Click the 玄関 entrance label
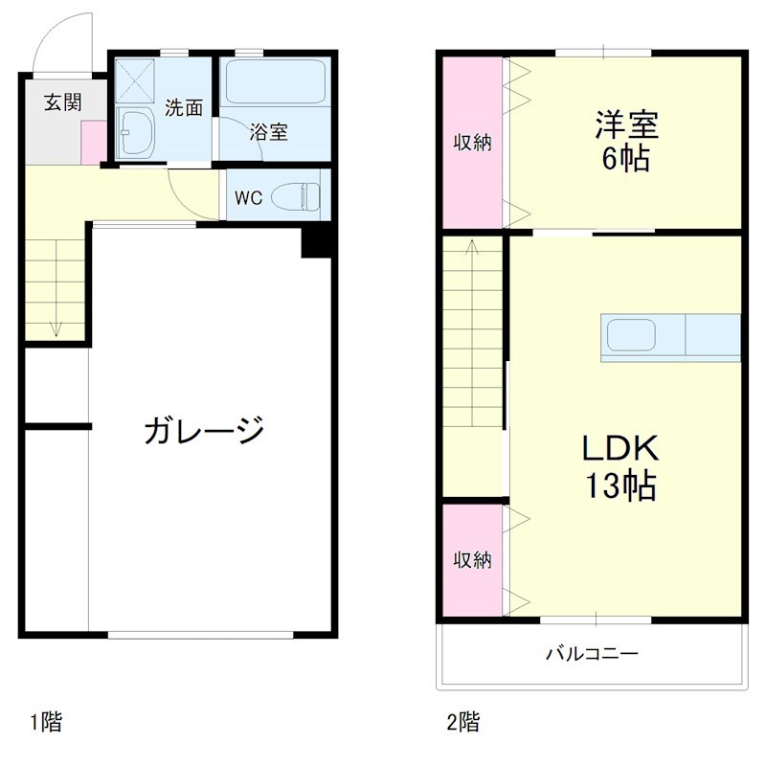pos(62,102)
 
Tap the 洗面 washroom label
pos(183,107)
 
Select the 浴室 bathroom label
pos(268,132)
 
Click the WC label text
pos(248,198)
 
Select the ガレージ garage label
pos(204,430)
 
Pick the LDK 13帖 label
pos(623,467)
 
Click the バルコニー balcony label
pos(592,655)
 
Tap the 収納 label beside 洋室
pos(471,143)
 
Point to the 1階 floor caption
pos(46,721)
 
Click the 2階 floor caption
pos(463,721)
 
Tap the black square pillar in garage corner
pos(315,241)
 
